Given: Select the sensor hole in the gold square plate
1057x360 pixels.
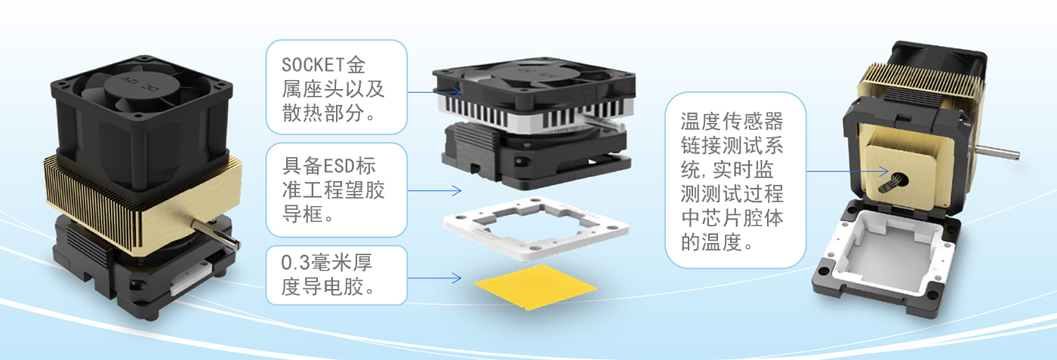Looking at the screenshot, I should tap(899, 179).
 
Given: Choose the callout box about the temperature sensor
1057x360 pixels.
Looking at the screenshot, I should tap(735, 180).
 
